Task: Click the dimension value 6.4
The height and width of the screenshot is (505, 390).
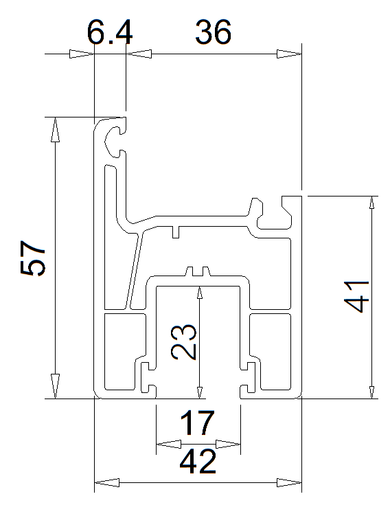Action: (110, 32)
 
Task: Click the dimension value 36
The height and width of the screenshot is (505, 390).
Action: (214, 32)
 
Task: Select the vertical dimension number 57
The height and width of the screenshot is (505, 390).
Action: (33, 258)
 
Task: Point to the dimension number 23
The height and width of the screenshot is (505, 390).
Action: (184, 342)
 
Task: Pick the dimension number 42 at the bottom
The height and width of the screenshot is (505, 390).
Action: (198, 462)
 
